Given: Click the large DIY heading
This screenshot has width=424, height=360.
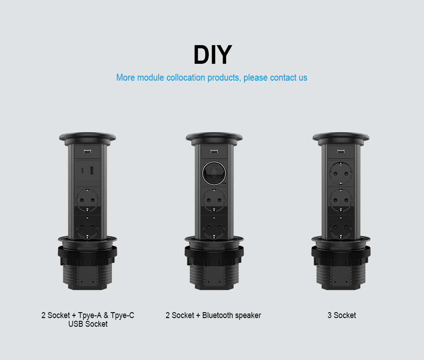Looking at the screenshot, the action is click(x=213, y=55).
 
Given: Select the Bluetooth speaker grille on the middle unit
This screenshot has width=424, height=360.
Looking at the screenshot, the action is click(x=214, y=173).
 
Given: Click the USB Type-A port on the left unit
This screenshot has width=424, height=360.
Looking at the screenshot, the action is click(x=92, y=170).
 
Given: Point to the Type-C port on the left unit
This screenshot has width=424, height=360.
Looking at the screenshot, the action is click(x=83, y=170).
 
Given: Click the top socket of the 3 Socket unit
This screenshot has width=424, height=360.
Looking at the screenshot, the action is click(x=341, y=173).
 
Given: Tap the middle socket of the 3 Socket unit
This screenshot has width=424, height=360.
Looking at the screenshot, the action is click(x=341, y=200).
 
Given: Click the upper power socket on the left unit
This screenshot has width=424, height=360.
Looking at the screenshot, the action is click(x=87, y=200).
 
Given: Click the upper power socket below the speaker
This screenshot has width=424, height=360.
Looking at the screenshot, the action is click(x=214, y=200).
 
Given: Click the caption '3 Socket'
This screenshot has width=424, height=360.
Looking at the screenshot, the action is click(x=341, y=315).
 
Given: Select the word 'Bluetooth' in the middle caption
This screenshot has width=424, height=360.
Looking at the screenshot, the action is click(x=217, y=315).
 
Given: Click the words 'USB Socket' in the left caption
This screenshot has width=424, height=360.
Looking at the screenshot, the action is click(x=88, y=324).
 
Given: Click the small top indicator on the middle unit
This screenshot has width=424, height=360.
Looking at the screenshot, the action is click(x=214, y=151).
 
